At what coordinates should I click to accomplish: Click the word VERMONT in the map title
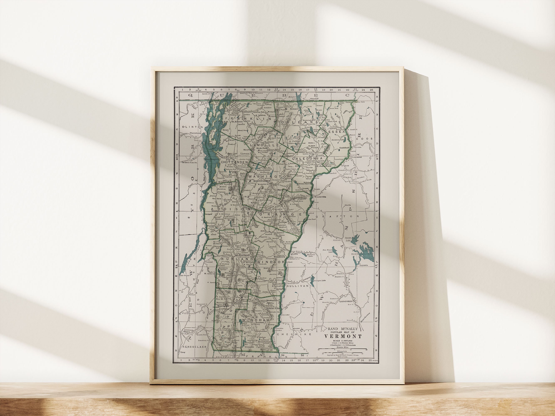point(343,336)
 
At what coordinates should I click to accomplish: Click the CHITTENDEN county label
point(234,162)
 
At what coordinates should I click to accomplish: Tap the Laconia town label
point(364,265)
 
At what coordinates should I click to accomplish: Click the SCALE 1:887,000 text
point(343,341)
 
